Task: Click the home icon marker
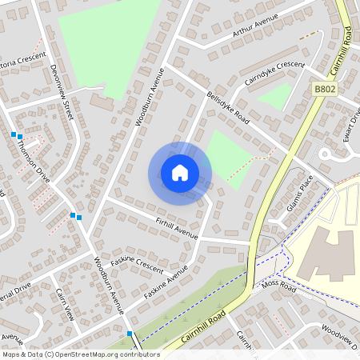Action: [x=180, y=173]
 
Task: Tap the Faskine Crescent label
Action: [x=137, y=265]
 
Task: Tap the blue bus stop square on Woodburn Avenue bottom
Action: [x=129, y=333]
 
